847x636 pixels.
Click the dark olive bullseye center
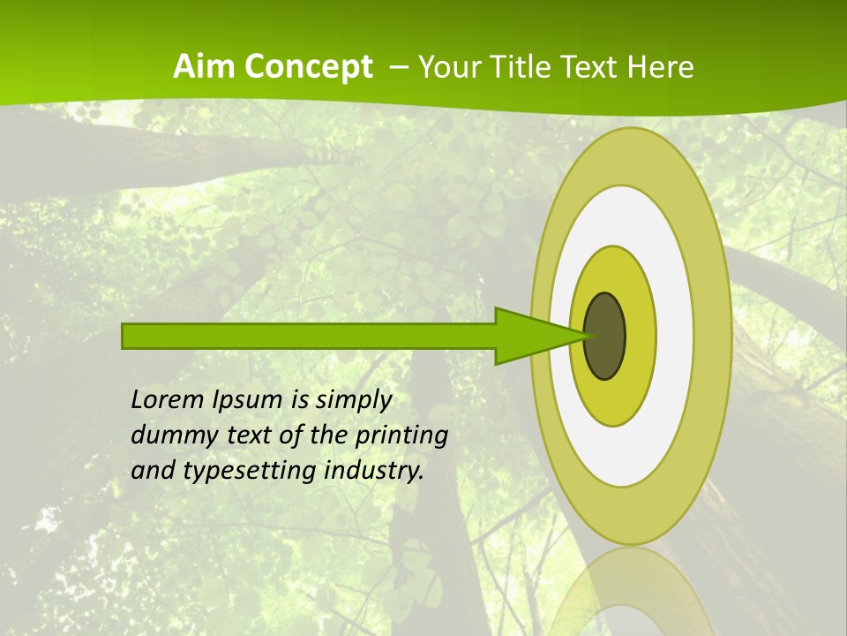605,337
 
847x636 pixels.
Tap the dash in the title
397,67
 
